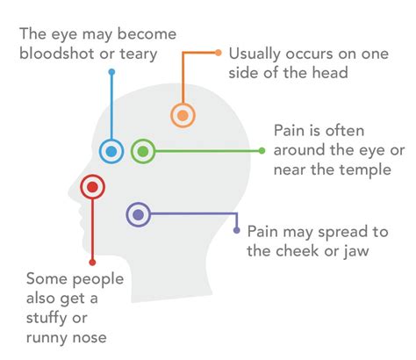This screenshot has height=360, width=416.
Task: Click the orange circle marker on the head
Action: pyautogui.click(x=182, y=114)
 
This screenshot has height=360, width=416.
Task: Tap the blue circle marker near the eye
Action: pyautogui.click(x=111, y=151)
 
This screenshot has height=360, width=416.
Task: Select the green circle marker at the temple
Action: pyautogui.click(x=143, y=151)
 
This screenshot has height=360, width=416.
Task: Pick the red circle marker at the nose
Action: pyautogui.click(x=91, y=186)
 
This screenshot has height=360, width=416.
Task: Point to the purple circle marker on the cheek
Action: pyautogui.click(x=139, y=213)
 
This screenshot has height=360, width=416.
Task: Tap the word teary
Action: pyautogui.click(x=136, y=54)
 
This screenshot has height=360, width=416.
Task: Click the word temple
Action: pyautogui.click(x=365, y=170)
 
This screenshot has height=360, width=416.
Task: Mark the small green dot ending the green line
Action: pyautogui.click(x=262, y=150)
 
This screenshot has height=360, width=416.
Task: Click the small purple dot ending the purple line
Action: pyautogui.click(x=237, y=232)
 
